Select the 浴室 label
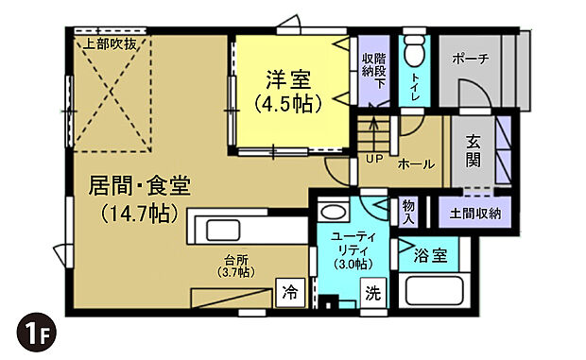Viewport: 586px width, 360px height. (x=430, y=254)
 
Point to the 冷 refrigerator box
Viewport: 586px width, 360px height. (x=289, y=293)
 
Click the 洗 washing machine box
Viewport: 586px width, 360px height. (x=374, y=293)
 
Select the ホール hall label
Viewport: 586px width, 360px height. (x=416, y=164)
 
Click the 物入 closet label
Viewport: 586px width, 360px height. (x=408, y=213)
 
